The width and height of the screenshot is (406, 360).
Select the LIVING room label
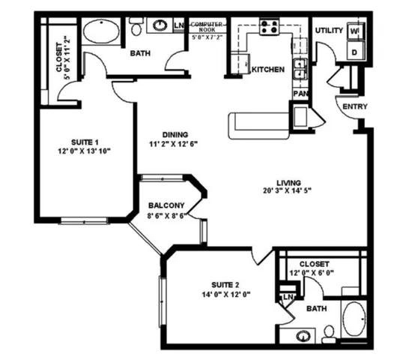(288, 182)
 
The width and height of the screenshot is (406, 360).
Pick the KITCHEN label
(267, 70)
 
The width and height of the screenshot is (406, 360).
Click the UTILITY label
(329, 31)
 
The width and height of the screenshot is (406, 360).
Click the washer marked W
(355, 31)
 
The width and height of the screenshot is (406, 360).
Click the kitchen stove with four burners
(268, 28)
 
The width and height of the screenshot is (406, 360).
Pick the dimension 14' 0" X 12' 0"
(225, 294)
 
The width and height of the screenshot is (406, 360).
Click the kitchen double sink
(300, 70)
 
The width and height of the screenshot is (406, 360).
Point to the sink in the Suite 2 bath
(303, 335)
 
